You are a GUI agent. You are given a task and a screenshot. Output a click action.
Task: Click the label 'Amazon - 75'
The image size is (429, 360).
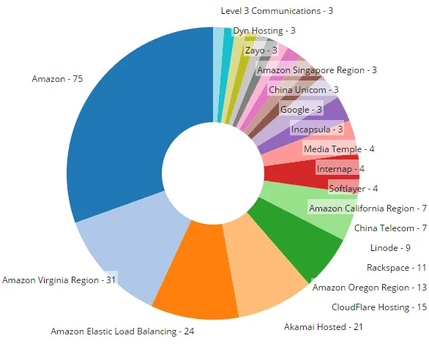pos(57,79)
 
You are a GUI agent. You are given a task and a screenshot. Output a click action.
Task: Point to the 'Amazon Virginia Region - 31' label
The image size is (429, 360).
pos(59,280)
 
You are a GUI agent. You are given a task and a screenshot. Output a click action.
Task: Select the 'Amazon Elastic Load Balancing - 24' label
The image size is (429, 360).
pos(122,331)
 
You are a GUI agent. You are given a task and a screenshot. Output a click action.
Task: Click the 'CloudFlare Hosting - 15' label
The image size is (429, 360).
pos(378,307)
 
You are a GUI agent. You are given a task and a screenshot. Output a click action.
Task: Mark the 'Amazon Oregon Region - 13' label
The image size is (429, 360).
pos(369,288)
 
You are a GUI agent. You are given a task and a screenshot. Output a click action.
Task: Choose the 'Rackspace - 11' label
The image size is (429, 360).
pos(396,267)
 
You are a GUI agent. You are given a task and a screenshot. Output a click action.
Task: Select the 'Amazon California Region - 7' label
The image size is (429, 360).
pos(362,209)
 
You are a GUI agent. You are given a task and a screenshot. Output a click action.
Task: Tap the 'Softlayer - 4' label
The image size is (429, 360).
pos(353,189)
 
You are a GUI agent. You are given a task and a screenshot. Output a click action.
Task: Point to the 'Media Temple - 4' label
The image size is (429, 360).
pos(339,149)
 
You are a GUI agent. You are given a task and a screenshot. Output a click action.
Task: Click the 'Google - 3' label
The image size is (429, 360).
pos(301,110)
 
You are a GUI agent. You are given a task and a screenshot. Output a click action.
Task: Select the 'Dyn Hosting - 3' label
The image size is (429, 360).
pos(264,31)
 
